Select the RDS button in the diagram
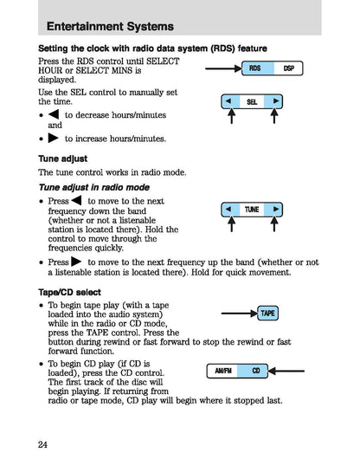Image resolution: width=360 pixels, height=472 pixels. (254, 68)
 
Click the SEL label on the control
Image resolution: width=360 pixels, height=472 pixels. (252, 101)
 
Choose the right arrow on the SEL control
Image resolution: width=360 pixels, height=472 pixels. (276, 101)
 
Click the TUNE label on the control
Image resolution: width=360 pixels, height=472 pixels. (252, 210)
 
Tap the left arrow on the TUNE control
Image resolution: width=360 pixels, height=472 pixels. (228, 210)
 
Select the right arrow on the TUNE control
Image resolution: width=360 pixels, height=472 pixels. (275, 210)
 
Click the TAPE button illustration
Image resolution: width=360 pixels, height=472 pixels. (268, 313)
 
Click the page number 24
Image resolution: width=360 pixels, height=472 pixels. (42, 445)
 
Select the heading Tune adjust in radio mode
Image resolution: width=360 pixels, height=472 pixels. (93, 187)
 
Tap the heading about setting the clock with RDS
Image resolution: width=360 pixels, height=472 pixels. (152, 48)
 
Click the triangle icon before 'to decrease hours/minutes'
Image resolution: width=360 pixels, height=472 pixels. (54, 114)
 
